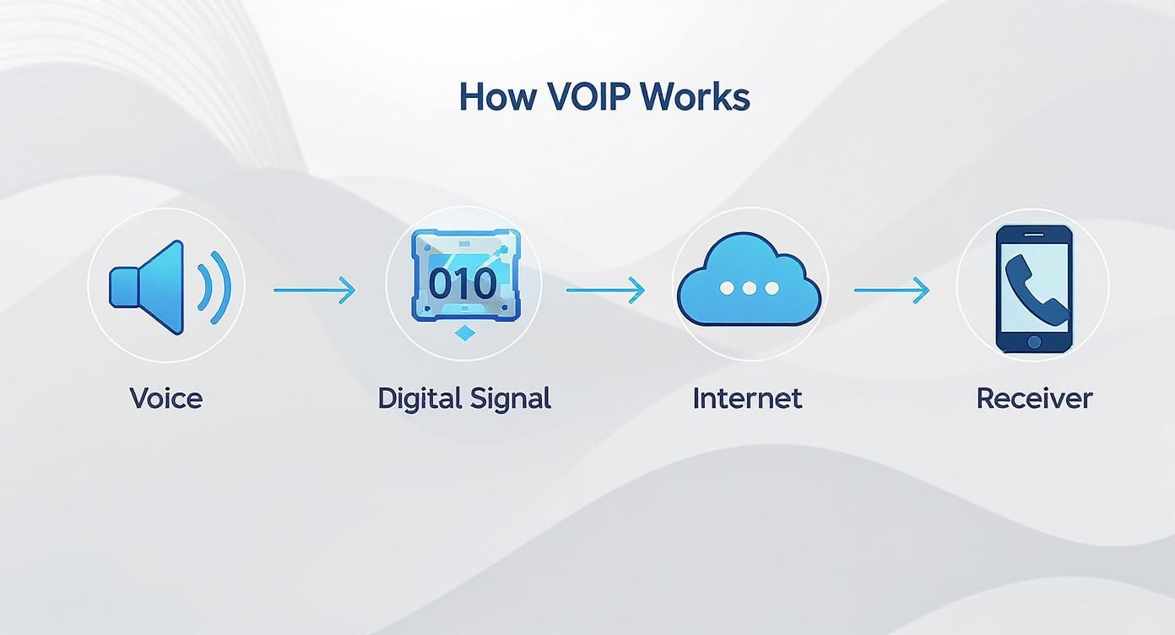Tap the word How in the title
point(497,97)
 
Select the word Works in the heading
point(694,97)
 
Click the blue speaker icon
point(149,285)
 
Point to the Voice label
point(165,398)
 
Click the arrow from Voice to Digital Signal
point(314,290)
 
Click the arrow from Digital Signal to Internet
point(605,290)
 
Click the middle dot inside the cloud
point(749,288)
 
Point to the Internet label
point(747,398)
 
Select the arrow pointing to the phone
point(891,290)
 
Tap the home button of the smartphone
point(1034,342)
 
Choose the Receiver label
point(1034,398)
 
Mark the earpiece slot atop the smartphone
point(1034,233)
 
